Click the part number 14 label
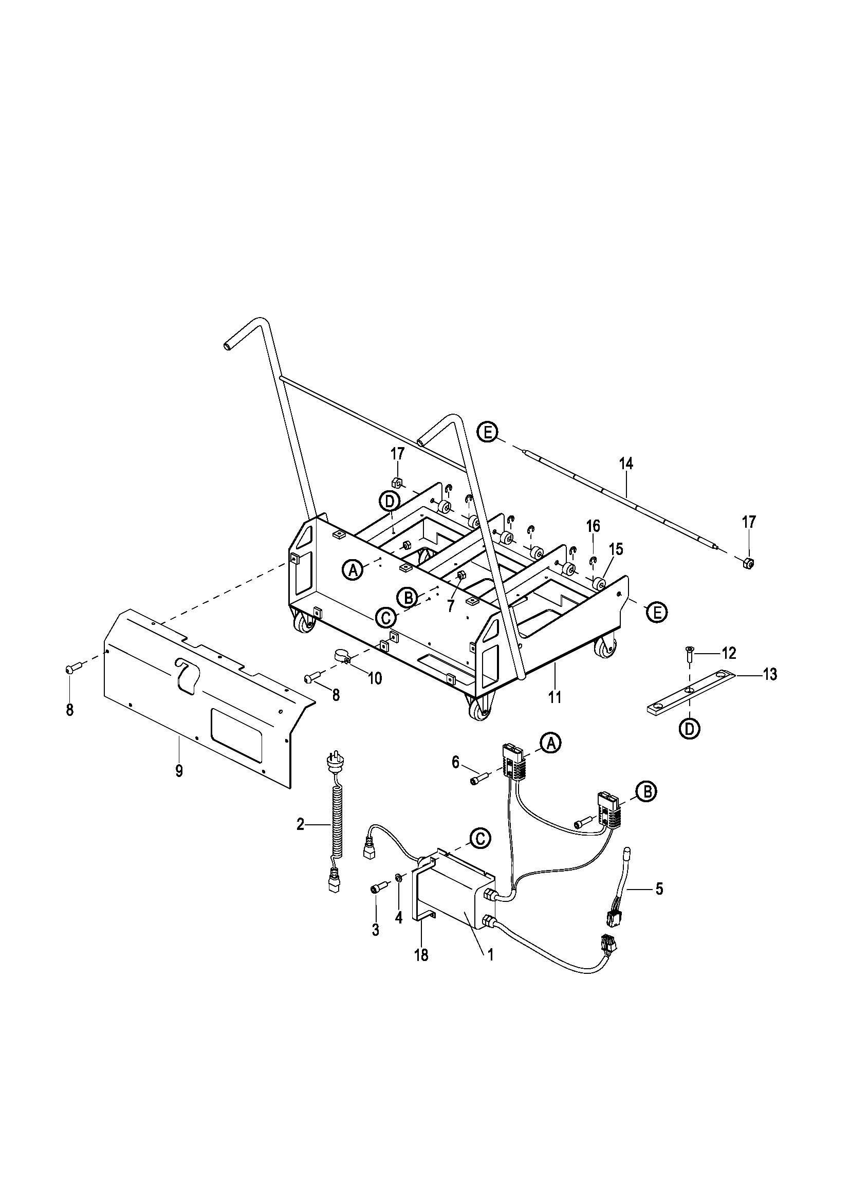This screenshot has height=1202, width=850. coord(625,464)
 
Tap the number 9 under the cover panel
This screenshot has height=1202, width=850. coord(179,771)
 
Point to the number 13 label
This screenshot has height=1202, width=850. coord(769,674)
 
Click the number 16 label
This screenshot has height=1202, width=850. coord(593,526)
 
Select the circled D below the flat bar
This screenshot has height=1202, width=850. coord(690,729)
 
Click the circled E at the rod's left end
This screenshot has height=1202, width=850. coord(488,432)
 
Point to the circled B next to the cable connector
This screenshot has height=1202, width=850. coord(647,807)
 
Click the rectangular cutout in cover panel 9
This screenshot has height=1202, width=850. coord(236,733)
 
